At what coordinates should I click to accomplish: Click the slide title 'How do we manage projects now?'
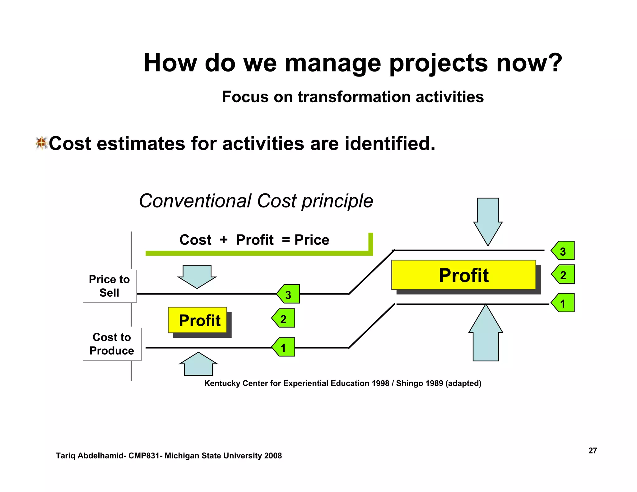(352, 63)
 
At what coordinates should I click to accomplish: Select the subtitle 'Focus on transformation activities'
(352, 97)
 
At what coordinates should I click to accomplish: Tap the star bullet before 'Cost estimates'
(41, 143)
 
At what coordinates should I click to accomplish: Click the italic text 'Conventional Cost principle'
(256, 201)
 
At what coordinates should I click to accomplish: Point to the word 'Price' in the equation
(312, 240)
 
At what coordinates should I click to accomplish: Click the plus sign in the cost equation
(223, 240)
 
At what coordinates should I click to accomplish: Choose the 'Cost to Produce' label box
(112, 344)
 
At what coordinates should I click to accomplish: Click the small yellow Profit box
(199, 320)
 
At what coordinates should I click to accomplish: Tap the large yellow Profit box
(463, 275)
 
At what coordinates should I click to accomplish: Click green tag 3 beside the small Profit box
(289, 294)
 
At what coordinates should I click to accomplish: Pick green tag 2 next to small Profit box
(284, 318)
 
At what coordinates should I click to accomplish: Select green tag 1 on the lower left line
(284, 347)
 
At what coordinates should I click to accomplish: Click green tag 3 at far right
(563, 251)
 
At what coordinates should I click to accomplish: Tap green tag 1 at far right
(563, 303)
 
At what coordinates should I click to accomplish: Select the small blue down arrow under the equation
(197, 276)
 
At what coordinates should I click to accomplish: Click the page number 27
(593, 450)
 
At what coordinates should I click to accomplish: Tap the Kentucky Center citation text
(342, 383)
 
